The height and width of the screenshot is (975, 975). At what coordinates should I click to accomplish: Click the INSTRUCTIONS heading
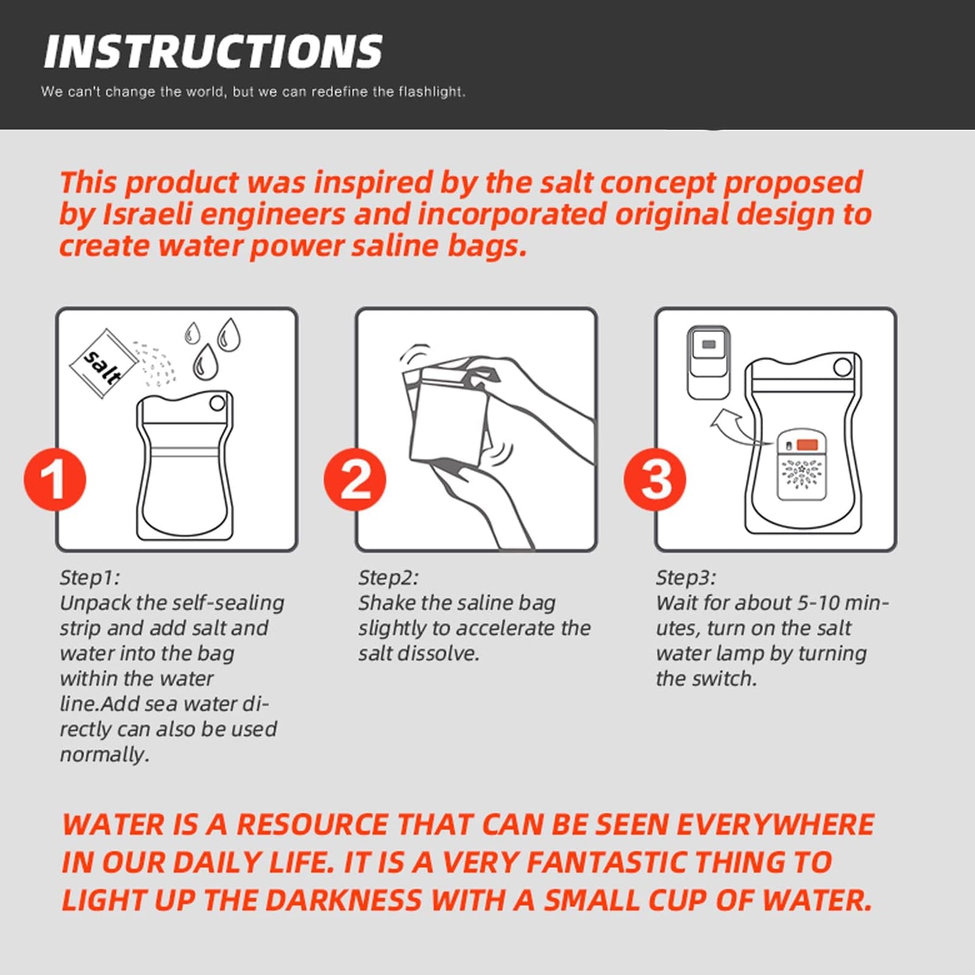click(213, 51)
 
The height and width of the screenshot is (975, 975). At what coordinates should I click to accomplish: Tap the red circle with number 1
click(55, 479)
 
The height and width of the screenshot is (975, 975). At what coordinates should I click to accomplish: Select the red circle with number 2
click(355, 479)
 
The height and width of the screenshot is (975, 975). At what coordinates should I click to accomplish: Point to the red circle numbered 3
click(654, 479)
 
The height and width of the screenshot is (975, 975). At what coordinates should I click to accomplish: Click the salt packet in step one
click(103, 363)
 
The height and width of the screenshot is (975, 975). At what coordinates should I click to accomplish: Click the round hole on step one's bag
click(217, 403)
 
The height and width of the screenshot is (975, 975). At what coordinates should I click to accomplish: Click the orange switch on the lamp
click(807, 445)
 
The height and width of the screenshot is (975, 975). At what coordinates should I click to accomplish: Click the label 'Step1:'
click(90, 578)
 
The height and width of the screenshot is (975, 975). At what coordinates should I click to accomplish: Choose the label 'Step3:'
click(686, 578)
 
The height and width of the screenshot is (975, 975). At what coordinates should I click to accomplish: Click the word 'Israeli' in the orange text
click(147, 215)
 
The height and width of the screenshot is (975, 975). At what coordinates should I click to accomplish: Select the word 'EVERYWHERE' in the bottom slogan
click(775, 825)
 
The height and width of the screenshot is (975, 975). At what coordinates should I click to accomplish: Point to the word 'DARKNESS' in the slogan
click(343, 901)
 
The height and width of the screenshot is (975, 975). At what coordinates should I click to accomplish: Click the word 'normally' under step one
click(104, 755)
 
